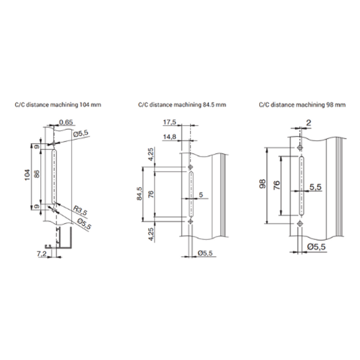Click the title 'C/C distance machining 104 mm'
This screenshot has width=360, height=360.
pyautogui.click(x=58, y=105)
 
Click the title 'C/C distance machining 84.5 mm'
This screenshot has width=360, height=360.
pyautogui.click(x=182, y=105)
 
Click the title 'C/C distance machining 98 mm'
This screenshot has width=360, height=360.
pyautogui.click(x=302, y=105)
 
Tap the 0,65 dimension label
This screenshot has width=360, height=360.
pyautogui.click(x=66, y=122)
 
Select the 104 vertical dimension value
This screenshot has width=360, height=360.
pyautogui.click(x=28, y=175)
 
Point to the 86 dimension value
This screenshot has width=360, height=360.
pyautogui.click(x=37, y=174)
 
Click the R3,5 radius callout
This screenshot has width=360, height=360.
pyautogui.click(x=80, y=211)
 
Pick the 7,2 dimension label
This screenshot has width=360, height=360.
pyautogui.click(x=41, y=254)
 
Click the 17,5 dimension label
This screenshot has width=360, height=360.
pyautogui.click(x=169, y=122)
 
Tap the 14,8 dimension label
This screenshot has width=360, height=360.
pyautogui.click(x=169, y=137)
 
